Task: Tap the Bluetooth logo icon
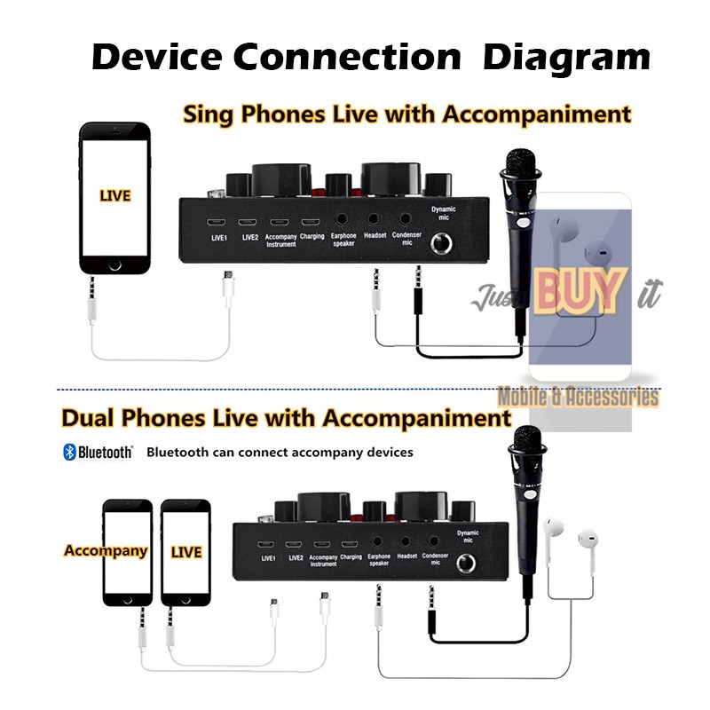click(x=68, y=452)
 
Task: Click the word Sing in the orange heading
click(x=210, y=114)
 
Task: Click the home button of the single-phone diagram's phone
click(x=114, y=264)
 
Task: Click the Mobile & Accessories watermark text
click(x=578, y=396)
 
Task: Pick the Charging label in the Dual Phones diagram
click(x=351, y=556)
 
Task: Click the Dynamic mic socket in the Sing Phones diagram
click(x=442, y=243)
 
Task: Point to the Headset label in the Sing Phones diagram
click(x=375, y=236)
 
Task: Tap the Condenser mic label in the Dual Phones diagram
click(x=435, y=560)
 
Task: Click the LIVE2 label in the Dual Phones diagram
click(x=296, y=556)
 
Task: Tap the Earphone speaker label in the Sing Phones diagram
click(x=343, y=240)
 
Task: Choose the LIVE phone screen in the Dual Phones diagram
click(x=186, y=551)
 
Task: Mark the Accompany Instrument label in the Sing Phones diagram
click(x=280, y=240)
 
